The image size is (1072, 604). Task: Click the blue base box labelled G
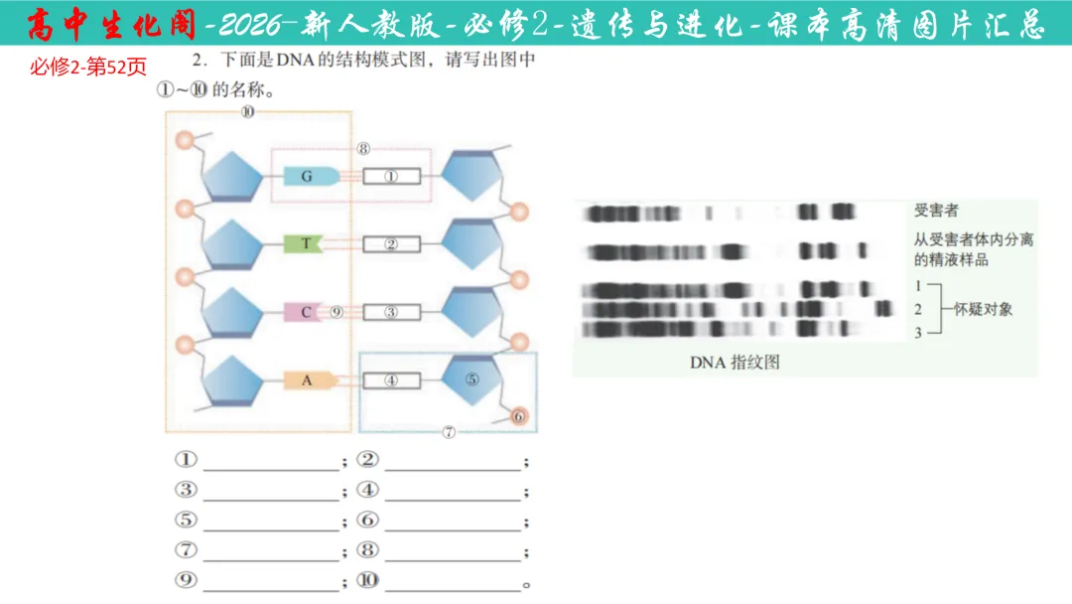[307, 177]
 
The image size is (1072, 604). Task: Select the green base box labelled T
[303, 244]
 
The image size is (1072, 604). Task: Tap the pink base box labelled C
[306, 312]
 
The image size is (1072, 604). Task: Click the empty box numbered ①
[391, 177]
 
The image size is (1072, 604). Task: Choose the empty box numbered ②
[391, 244]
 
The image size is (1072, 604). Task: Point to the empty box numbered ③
[391, 312]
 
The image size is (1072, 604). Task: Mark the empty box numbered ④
[391, 379]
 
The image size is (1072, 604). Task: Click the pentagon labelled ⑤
[471, 379]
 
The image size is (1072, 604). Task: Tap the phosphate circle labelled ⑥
[519, 417]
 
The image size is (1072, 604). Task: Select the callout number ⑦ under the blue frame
[449, 432]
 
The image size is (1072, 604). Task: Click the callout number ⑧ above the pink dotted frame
[363, 150]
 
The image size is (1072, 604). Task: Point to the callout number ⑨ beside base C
[336, 312]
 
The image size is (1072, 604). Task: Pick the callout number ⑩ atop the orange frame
[247, 112]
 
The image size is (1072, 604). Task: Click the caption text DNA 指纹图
[735, 363]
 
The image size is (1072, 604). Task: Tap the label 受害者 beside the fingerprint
[936, 212]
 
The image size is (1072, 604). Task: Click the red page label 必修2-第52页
[88, 68]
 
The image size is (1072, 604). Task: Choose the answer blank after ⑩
[453, 581]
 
